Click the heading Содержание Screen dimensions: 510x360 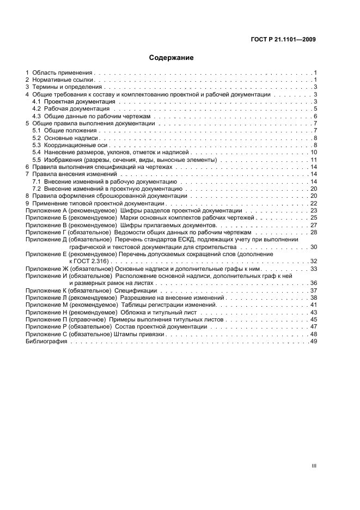coord(172,57)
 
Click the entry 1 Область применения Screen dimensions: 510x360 coord(60,72)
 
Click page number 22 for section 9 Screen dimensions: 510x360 coord(314,203)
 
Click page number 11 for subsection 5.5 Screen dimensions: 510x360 coord(314,160)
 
